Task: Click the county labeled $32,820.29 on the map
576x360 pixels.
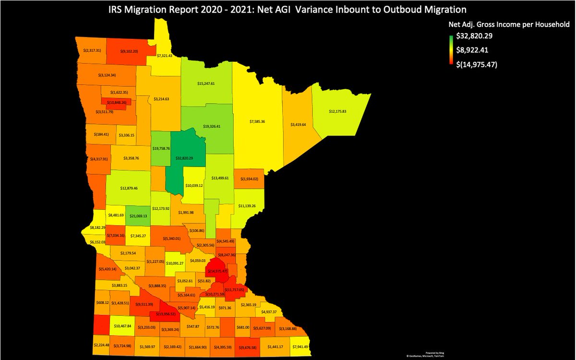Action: pos(184,158)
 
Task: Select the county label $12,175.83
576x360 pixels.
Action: pos(341,111)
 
